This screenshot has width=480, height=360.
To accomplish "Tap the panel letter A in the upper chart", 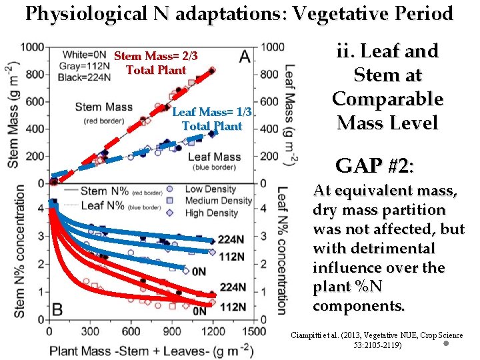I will click(x=244, y=57).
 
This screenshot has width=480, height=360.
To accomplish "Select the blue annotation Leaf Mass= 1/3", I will click(x=212, y=112).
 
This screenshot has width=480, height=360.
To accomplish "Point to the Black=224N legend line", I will click(x=85, y=75).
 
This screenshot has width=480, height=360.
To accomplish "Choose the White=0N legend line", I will click(x=85, y=53).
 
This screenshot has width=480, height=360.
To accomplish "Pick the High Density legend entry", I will click(x=211, y=213).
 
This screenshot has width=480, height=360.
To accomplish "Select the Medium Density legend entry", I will click(x=218, y=201).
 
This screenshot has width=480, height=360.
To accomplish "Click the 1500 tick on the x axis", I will click(x=254, y=331).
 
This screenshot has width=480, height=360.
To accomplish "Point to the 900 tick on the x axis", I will click(x=172, y=331).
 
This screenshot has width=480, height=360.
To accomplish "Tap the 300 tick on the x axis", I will click(x=89, y=331).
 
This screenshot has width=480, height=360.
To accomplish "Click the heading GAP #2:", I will click(x=374, y=165).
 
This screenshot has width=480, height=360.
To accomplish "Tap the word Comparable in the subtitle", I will click(x=387, y=99).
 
